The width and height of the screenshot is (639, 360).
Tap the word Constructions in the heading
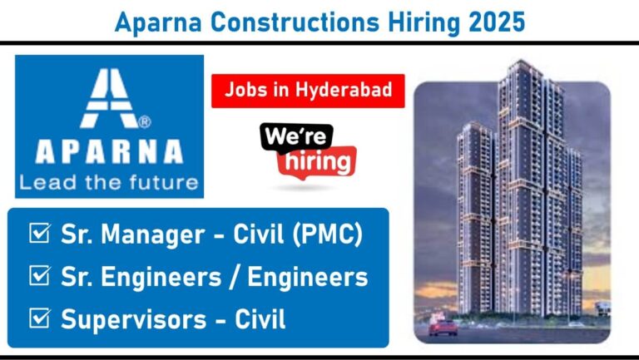click(295, 22)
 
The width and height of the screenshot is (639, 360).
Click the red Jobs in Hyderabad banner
click(308, 91)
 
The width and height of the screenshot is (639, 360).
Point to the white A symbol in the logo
click(109, 98)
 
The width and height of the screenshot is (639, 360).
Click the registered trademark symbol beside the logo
click(145, 121)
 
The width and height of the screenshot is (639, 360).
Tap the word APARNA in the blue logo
click(109, 151)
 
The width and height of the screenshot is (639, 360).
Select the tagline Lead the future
click(109, 182)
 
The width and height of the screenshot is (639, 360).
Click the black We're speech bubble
click(296, 138)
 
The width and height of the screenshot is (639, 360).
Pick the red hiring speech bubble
click(317, 162)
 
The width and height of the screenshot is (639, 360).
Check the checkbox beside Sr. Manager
click(40, 233)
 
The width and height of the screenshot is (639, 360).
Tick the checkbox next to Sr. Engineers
click(40, 275)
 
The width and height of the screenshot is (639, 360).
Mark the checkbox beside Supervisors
click(40, 318)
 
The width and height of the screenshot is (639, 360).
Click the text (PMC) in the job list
click(327, 234)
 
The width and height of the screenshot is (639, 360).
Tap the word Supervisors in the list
click(134, 319)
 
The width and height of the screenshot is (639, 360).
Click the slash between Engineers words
click(235, 277)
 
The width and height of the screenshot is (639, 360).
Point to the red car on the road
click(443, 327)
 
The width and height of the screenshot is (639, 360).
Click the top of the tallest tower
click(521, 61)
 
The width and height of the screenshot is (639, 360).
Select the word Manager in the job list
click(153, 235)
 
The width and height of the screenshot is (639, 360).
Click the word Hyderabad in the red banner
click(344, 91)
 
